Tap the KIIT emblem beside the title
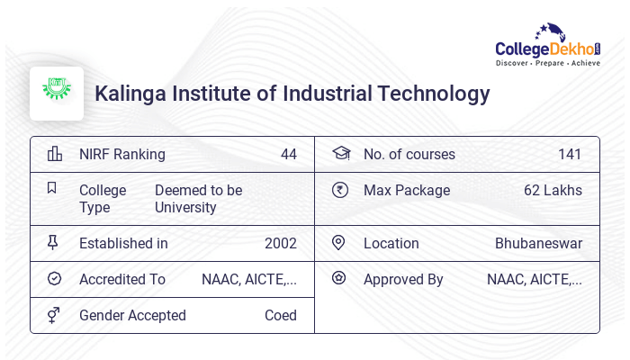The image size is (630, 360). click(57, 93)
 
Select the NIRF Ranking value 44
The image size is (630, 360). click(288, 154)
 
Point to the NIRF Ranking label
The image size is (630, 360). click(122, 154)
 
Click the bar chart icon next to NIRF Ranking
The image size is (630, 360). click(54, 154)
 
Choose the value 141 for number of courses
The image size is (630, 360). click(570, 154)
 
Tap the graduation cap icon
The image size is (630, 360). click(340, 154)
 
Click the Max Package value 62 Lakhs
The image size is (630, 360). click(553, 190)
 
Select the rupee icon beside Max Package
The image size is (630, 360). click(339, 190)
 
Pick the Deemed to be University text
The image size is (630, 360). click(198, 199)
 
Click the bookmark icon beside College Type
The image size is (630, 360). click(52, 188)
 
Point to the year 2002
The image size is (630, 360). click(281, 243)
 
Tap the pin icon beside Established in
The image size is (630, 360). click(53, 243)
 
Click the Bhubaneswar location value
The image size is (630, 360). click(538, 243)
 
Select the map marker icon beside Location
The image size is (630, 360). click(338, 243)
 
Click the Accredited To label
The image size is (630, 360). click(122, 279)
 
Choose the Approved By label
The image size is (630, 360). click(403, 279)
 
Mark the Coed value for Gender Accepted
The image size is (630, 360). click(281, 315)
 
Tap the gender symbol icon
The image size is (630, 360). click(54, 315)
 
